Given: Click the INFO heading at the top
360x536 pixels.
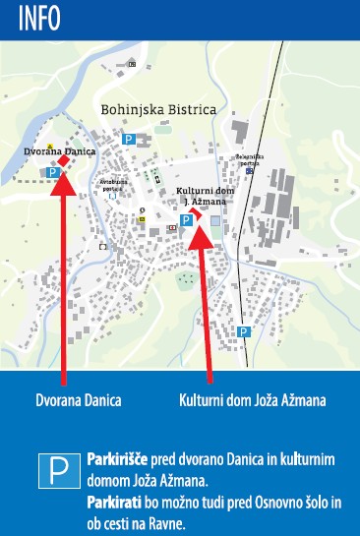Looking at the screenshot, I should [31, 17].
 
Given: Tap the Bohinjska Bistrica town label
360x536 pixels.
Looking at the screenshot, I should [158, 110].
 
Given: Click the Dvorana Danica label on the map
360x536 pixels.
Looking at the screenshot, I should [51, 150].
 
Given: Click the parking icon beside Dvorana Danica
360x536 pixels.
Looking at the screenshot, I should [53, 172].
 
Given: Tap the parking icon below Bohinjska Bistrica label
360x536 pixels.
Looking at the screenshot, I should [128, 140].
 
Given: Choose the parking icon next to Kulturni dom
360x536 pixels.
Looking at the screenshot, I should [185, 220].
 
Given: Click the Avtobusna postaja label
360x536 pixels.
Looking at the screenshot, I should [114, 184].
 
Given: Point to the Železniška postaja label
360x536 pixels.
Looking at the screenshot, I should [250, 157].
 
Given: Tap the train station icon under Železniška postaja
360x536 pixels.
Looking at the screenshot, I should [250, 170].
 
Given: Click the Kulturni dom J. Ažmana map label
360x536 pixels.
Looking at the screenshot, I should [201, 195].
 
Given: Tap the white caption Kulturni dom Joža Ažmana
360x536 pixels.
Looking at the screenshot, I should [252, 400].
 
